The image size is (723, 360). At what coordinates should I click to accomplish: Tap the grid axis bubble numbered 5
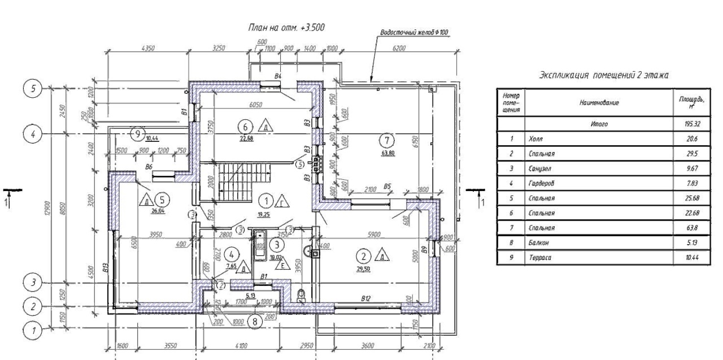coord(32,89)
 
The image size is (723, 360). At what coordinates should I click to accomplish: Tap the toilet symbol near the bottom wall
coord(300,296)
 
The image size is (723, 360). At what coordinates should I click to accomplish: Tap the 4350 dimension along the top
coord(149,49)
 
